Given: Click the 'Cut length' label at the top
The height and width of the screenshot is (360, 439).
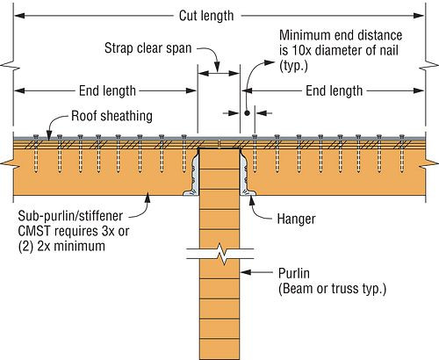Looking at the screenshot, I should click(218, 17).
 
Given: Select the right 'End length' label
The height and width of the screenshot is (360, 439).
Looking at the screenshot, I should click(335, 90).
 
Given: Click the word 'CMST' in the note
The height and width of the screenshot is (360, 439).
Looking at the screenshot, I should click(35, 231).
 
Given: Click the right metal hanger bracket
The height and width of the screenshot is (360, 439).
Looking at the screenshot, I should click(245, 176).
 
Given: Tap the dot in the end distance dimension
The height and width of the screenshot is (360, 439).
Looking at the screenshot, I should click(248, 112).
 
